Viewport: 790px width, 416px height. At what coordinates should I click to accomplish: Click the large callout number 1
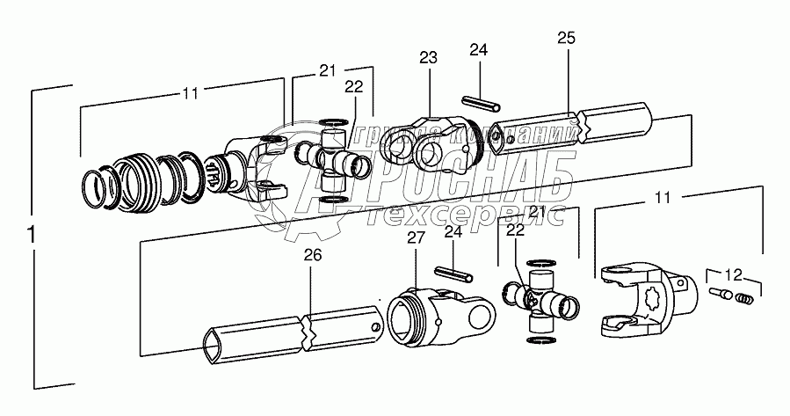tap(32, 237)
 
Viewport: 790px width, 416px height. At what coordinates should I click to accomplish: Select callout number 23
tap(428, 58)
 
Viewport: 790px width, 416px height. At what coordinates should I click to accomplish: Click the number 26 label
tap(313, 256)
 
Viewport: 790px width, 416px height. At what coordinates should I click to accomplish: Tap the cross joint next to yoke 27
tap(540, 300)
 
